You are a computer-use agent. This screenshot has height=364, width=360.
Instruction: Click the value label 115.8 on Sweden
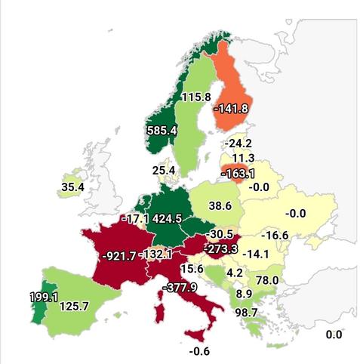pyautogui.click(x=195, y=97)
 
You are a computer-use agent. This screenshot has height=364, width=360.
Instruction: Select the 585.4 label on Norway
pyautogui.click(x=162, y=130)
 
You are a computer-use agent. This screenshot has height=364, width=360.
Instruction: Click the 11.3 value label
pyautogui.click(x=243, y=158)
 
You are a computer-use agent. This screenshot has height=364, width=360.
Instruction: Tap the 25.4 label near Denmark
pyautogui.click(x=164, y=171)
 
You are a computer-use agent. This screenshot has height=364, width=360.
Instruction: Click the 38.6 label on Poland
pyautogui.click(x=220, y=205)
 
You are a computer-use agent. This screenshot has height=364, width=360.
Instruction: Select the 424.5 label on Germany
pyautogui.click(x=168, y=219)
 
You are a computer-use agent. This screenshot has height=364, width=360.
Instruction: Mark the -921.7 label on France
pyautogui.click(x=118, y=255)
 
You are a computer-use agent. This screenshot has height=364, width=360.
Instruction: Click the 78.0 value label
pyautogui.click(x=265, y=280)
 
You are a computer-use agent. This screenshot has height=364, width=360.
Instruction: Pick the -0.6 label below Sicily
pyautogui.click(x=199, y=350)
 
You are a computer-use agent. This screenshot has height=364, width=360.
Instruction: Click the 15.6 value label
pyautogui.click(x=192, y=268)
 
